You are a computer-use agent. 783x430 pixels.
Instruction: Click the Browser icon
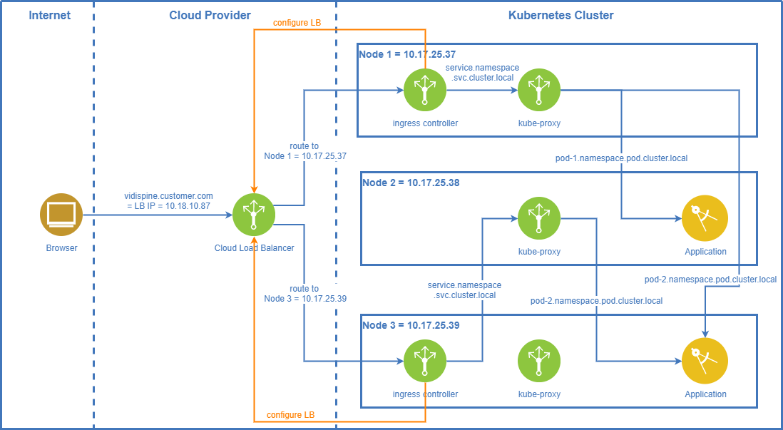(61, 214)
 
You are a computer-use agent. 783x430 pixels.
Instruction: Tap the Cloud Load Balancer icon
(254, 214)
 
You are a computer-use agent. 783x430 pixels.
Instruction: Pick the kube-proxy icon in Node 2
(539, 218)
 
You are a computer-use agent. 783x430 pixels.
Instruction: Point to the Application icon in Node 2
(705, 218)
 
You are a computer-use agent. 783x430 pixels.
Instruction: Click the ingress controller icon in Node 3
(424, 361)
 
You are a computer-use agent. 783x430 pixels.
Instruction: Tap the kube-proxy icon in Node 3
(539, 361)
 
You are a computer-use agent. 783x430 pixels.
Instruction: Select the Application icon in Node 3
(705, 361)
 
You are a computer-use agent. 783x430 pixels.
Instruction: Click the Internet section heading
(49, 15)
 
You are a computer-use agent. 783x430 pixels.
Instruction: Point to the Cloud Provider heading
(210, 15)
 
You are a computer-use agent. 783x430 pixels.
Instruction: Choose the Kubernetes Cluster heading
(561, 15)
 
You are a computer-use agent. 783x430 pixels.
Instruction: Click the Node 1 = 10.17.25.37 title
(406, 54)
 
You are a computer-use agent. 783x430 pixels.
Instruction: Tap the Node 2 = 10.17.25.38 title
(410, 183)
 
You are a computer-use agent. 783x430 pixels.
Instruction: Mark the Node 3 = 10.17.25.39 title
(410, 325)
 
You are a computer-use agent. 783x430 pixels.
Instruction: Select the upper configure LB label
(297, 23)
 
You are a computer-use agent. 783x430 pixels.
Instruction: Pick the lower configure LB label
(290, 414)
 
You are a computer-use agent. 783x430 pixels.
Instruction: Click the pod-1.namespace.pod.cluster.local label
(621, 158)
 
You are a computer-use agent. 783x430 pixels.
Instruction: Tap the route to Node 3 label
(304, 294)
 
